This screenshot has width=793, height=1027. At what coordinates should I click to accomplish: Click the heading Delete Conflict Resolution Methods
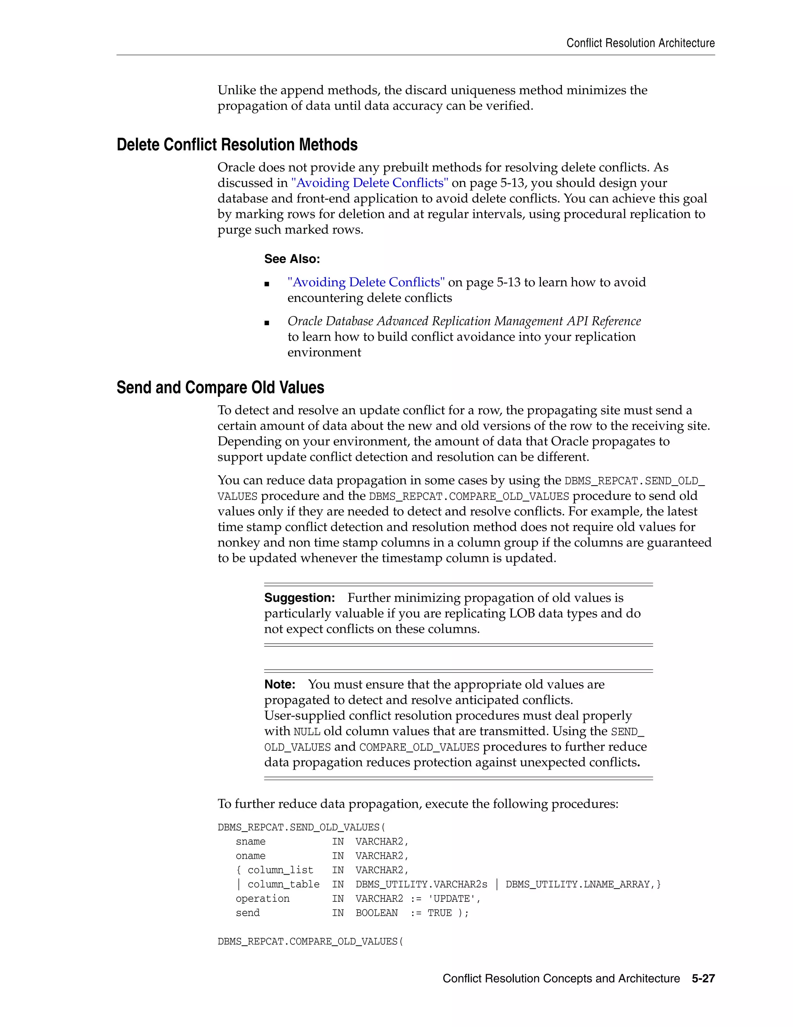(237, 145)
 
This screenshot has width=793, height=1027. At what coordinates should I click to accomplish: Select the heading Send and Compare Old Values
(220, 388)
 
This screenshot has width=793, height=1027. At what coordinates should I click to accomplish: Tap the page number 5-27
(703, 978)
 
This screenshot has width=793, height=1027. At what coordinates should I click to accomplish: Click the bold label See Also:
(292, 259)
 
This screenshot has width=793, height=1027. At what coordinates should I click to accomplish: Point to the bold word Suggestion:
(299, 598)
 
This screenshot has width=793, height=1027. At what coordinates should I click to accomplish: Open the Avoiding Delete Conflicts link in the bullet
(366, 282)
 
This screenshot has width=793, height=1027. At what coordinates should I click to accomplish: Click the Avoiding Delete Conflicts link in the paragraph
(369, 183)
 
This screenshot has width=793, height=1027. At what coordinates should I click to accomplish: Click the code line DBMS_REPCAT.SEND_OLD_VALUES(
(301, 827)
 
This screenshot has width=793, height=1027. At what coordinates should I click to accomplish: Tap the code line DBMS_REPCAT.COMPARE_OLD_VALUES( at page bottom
(310, 941)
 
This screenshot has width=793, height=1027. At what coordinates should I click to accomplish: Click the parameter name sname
(251, 842)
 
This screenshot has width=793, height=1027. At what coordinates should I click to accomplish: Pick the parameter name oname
(251, 856)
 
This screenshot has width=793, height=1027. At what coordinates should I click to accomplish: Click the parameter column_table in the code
(283, 884)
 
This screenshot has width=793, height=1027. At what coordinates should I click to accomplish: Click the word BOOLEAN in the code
(376, 913)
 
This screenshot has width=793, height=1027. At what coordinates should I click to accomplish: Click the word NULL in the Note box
(306, 732)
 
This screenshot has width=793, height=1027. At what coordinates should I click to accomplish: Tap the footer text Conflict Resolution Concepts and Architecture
(561, 978)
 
